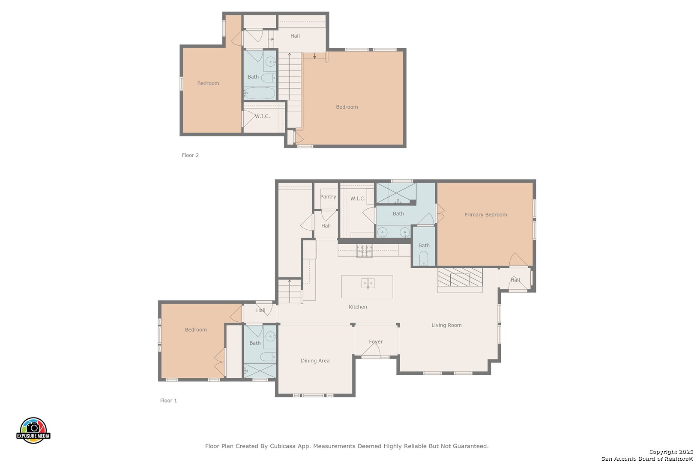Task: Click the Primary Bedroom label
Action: pos(485,214)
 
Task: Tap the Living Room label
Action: pos(446,325)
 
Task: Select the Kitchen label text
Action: pos(358,307)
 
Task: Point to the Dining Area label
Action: pos(315,361)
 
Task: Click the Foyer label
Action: pos(376,342)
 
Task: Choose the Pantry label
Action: pos(328,196)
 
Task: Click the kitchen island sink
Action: pos(368,283)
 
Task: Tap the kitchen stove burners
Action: pos(364,251)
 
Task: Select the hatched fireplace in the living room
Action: pos(460,277)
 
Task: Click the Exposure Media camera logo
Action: pos(33,430)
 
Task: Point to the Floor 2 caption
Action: pos(190,155)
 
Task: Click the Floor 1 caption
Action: pos(168,400)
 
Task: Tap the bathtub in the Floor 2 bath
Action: pos(260,93)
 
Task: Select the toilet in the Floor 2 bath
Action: pos(268,78)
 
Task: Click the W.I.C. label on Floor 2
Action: pos(263,116)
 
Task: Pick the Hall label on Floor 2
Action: pos(295,36)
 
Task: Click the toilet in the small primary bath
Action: pos(424,258)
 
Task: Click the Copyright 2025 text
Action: pos(671,452)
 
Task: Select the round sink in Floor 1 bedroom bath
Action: pos(270,336)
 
